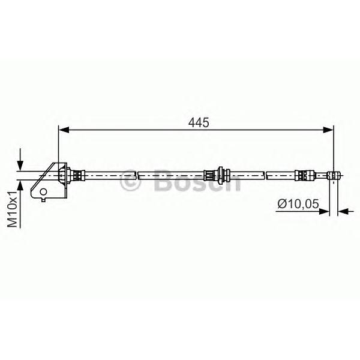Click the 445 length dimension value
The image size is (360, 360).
coord(199,122)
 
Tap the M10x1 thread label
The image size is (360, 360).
coord(13,209)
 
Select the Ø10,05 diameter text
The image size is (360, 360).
coord(298,203)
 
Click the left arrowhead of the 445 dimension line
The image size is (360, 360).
coord(64,130)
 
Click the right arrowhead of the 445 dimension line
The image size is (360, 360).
coord(328,130)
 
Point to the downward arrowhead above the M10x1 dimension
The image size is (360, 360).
coord(20,166)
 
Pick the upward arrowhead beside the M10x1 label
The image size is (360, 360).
coord(20,185)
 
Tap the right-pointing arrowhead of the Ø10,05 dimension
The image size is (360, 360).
coord(324,211)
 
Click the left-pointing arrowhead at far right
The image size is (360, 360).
coord(343,211)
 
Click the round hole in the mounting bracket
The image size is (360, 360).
coord(43,191)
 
